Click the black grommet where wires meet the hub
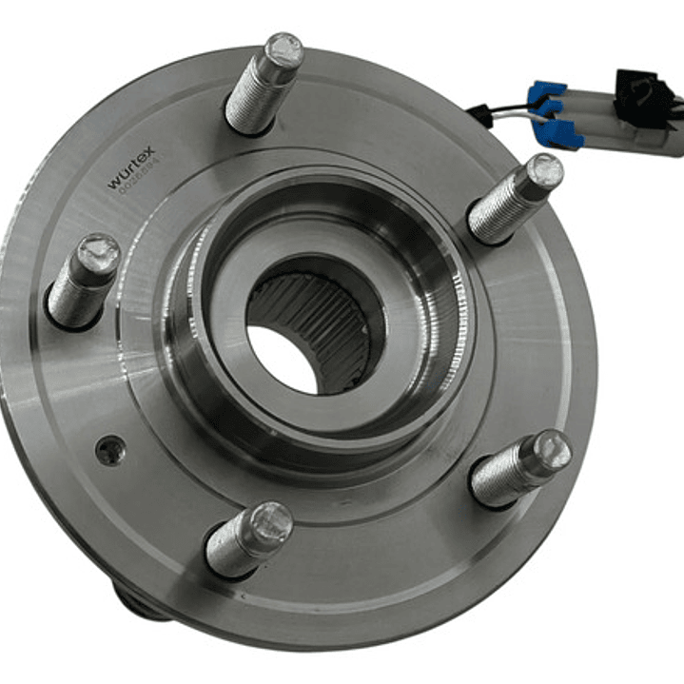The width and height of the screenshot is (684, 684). point(479,115)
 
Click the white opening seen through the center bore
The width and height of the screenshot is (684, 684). point(282,359)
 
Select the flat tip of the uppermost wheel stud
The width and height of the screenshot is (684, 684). point(283,48)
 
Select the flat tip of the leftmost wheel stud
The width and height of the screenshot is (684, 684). point(98,254)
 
